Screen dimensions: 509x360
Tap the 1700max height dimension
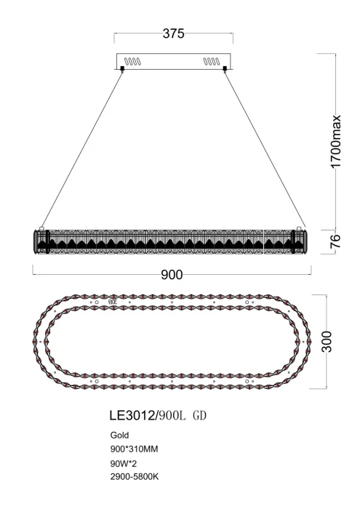337,143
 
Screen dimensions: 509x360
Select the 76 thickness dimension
337,242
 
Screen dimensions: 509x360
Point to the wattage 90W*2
118,462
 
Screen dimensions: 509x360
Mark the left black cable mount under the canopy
122,70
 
